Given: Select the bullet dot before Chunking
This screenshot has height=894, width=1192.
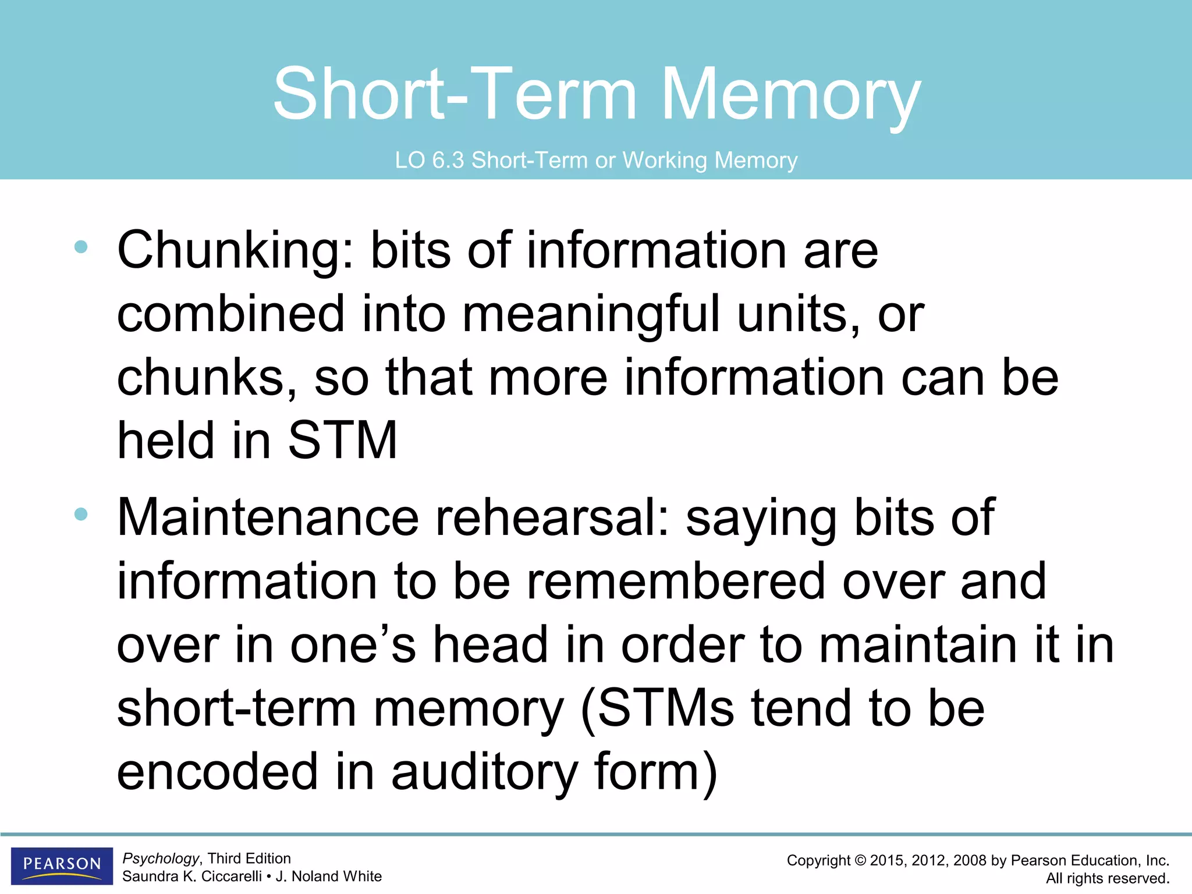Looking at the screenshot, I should coord(81,247).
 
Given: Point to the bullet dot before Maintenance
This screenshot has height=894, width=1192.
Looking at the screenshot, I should coord(81,514).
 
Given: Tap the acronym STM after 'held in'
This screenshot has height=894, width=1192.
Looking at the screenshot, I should coord(342,441).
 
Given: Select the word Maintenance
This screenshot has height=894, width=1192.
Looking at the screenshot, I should coord(268,517).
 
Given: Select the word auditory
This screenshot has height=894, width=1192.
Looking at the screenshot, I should coord(484,772).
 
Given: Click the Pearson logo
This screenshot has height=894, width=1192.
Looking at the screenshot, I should coord(62,865).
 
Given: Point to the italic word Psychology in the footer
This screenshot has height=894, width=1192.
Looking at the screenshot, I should coord(161,858).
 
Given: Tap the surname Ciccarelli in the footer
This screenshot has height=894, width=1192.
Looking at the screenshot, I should coord(231,877).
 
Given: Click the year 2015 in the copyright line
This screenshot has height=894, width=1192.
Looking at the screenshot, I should coord(887,861).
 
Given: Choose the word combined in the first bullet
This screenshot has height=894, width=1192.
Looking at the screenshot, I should coord(231,314).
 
